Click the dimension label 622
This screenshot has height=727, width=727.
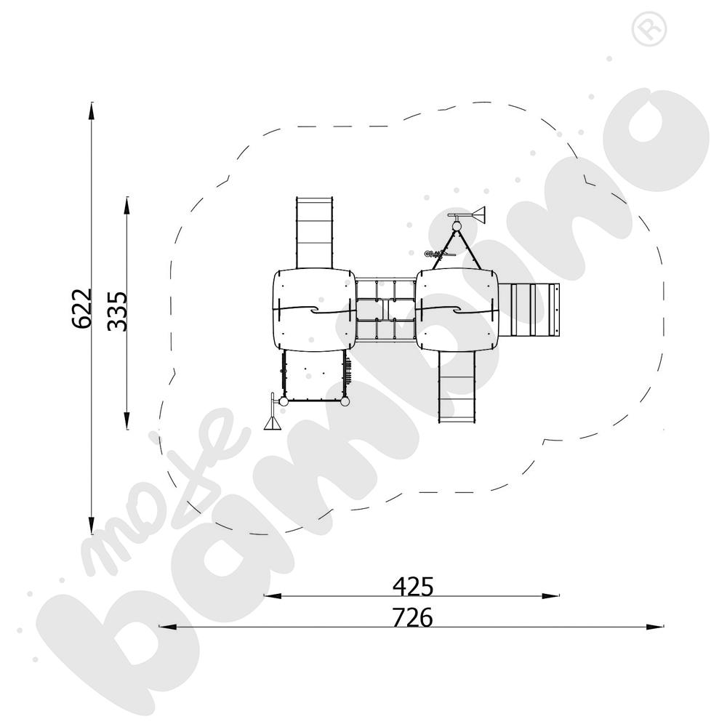click(x=82, y=308)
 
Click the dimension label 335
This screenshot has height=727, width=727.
click(x=117, y=311)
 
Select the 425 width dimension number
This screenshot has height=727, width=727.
click(x=412, y=585)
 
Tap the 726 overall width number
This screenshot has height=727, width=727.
click(x=412, y=617)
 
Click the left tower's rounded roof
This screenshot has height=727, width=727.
click(x=313, y=309)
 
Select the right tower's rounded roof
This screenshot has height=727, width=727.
click(x=458, y=309)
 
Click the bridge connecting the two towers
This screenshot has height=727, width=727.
click(x=385, y=310)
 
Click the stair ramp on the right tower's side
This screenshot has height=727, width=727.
click(x=535, y=310)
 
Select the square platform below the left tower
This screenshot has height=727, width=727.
click(x=312, y=375)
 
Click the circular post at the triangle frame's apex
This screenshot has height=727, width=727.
click(x=457, y=227)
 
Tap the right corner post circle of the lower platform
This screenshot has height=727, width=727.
click(x=345, y=401)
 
